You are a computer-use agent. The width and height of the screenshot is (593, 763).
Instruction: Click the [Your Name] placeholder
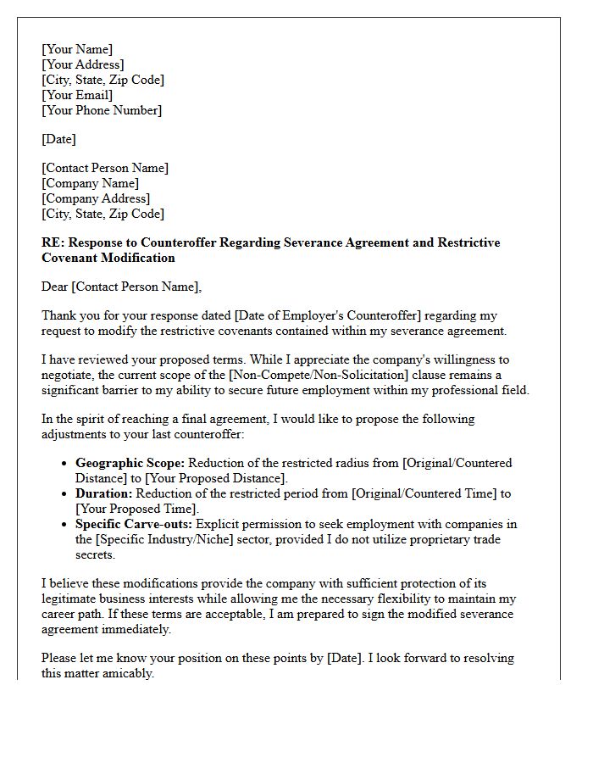pos(77,49)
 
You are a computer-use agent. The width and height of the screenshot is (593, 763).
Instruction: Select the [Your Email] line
pos(77,95)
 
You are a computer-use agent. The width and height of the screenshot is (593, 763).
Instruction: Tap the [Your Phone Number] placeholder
pos(102,110)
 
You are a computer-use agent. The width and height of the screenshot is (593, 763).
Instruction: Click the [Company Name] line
pos(91,183)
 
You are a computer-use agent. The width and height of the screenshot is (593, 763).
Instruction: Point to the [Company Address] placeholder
pos(96,198)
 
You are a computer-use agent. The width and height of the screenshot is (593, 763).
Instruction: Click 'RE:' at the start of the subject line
pos(53,242)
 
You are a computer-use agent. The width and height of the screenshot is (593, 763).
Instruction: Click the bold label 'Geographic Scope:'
pos(130,463)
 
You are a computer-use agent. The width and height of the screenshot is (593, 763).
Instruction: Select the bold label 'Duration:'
pos(104,493)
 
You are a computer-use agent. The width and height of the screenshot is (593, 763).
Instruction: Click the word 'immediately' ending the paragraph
pos(135,629)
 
